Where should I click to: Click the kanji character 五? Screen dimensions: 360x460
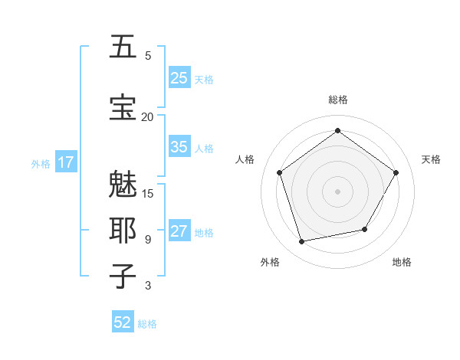tap(123, 47)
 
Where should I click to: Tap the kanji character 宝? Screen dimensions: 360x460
tap(123, 108)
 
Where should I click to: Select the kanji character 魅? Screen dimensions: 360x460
tap(123, 185)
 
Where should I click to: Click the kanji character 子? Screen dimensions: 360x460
tap(123, 277)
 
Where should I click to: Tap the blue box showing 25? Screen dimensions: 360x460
tap(179, 78)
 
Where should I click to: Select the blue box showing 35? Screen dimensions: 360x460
tap(179, 147)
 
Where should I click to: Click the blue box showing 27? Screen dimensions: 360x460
tap(179, 232)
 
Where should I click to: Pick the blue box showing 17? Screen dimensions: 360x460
tap(65, 162)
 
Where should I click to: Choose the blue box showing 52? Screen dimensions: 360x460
tap(123, 322)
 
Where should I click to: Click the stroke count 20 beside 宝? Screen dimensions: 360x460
tap(147, 116)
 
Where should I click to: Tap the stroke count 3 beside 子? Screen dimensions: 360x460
tap(147, 286)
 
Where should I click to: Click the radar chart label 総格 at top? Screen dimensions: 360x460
tap(337, 100)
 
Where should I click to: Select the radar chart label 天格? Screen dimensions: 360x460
tap(431, 159)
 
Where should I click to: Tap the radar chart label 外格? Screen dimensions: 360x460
tap(270, 262)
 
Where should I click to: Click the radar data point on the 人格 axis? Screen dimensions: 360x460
tap(279, 172)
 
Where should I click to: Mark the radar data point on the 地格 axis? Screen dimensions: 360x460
tap(365, 229)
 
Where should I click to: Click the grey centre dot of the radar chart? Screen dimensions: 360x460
tap(337, 191)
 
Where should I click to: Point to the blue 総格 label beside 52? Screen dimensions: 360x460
tap(148, 324)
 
